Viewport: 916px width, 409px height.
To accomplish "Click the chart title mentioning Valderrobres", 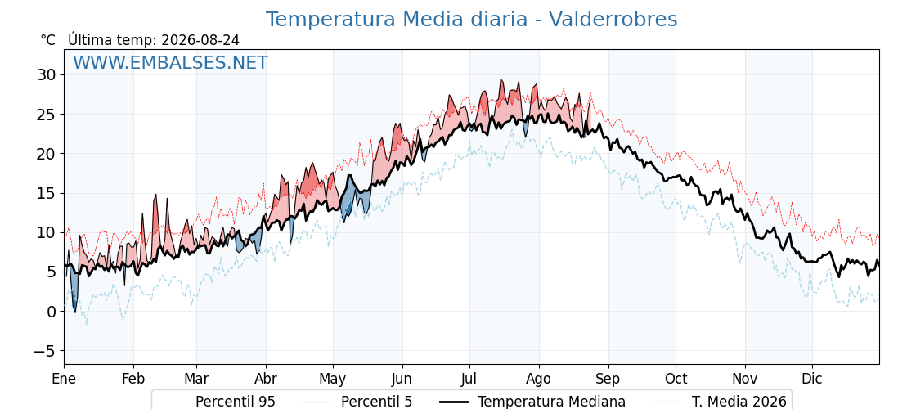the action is [x=471, y=20].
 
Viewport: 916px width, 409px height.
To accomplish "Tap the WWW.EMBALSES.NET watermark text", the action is [x=171, y=62].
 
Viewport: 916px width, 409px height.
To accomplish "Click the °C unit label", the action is [x=48, y=40].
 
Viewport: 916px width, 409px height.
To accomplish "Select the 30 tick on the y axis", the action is [x=47, y=74].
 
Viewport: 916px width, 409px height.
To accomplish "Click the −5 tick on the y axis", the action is [x=43, y=351].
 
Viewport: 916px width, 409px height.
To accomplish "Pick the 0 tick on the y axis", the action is [x=52, y=312].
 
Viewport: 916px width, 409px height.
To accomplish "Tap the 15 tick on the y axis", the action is [x=47, y=193].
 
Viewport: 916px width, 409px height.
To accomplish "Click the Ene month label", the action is [x=64, y=379].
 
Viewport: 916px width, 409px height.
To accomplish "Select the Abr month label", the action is [x=266, y=379].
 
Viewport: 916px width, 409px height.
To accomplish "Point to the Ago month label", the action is [x=538, y=379].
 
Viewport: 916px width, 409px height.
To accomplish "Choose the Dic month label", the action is [x=812, y=379].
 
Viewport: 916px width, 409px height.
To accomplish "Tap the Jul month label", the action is [x=469, y=379].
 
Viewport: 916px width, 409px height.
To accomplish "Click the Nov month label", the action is [x=745, y=379].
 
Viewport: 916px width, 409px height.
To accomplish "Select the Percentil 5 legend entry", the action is [x=358, y=402].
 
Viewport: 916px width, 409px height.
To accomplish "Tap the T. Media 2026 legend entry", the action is [x=720, y=402].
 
